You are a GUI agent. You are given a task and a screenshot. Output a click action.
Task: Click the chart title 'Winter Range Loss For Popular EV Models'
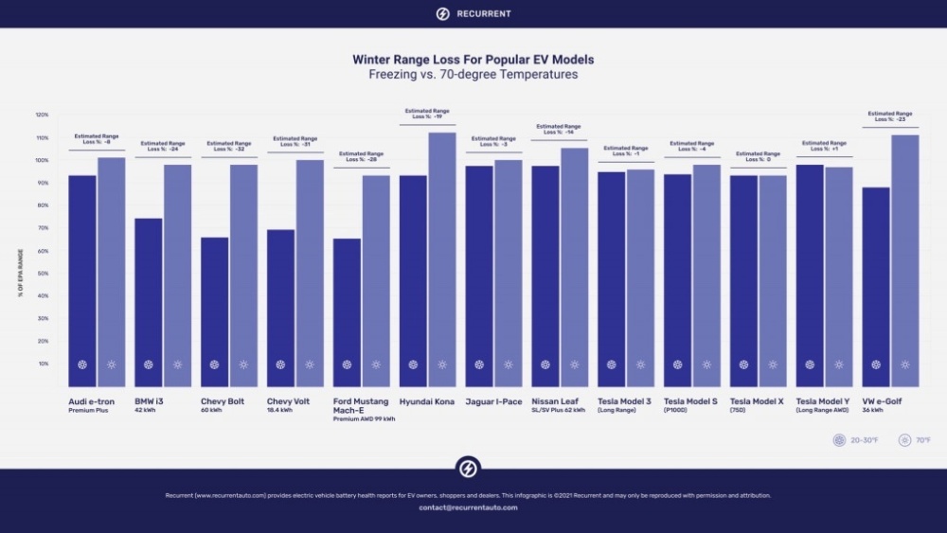click(473, 60)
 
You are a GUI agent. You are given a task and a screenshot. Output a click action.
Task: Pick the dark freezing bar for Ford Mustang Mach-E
click(347, 311)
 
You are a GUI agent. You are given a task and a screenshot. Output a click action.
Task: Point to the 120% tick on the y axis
click(42, 115)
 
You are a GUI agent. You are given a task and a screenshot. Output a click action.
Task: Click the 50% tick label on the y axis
click(43, 274)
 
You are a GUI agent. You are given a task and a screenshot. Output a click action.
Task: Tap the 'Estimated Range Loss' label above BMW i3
click(162, 146)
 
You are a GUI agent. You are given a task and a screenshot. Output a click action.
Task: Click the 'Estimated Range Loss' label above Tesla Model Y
click(824, 146)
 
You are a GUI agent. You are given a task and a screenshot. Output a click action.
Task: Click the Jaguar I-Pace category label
click(492, 401)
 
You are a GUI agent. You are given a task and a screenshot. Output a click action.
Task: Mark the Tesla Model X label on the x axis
click(758, 401)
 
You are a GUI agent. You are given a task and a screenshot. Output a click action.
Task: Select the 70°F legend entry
click(915, 440)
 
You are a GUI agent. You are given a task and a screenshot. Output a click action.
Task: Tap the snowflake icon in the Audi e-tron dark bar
click(82, 364)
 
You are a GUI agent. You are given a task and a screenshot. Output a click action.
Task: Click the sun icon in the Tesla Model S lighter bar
click(706, 364)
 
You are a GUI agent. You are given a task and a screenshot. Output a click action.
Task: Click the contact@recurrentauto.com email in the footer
click(468, 507)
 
